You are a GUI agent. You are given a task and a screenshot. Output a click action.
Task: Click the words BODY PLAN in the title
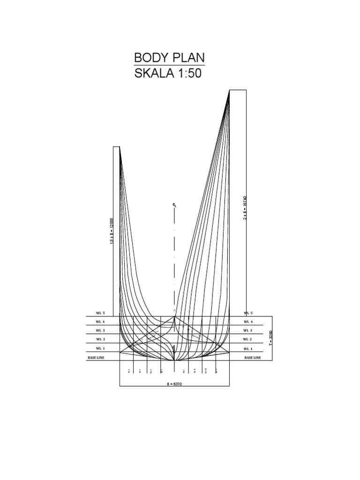pyautogui.click(x=169, y=58)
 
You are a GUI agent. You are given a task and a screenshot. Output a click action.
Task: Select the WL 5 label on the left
pyautogui.click(x=101, y=313)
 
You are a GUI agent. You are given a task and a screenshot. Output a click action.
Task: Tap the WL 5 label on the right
pyautogui.click(x=248, y=313)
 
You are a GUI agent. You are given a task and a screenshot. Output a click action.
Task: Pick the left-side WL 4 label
pyautogui.click(x=101, y=322)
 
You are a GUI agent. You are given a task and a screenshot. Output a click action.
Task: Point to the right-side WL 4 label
pyautogui.click(x=248, y=322)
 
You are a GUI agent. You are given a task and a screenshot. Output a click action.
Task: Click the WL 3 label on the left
pyautogui.click(x=101, y=330)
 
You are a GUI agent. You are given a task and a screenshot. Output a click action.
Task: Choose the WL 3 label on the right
pyautogui.click(x=248, y=330)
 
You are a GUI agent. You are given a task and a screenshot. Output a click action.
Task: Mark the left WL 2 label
pyautogui.click(x=101, y=339)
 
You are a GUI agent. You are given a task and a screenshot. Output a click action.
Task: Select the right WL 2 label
pyautogui.click(x=248, y=339)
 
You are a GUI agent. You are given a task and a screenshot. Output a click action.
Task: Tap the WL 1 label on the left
pyautogui.click(x=101, y=349)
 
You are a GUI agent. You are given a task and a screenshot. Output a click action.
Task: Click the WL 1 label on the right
pyautogui.click(x=248, y=349)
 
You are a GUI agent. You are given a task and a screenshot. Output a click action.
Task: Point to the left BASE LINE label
pyautogui.click(x=96, y=358)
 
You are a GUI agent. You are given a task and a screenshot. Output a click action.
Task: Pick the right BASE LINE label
pyautogui.click(x=253, y=358)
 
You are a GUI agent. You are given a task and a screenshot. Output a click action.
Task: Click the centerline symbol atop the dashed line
pyautogui.click(x=174, y=205)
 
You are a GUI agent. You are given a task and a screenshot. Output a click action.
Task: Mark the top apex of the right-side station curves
pyautogui.click(x=229, y=91)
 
